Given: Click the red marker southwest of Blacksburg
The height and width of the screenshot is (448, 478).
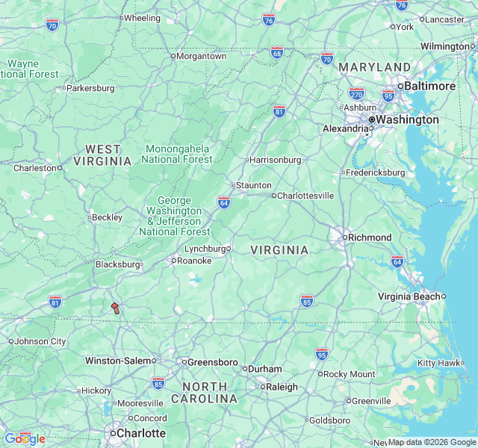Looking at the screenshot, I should click(x=115, y=308).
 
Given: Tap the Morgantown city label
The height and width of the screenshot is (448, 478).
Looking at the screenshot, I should click(x=201, y=56).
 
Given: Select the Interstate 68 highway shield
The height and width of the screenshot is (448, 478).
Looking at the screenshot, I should click(x=277, y=52).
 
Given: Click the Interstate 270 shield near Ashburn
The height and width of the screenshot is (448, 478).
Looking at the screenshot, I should click(x=356, y=93).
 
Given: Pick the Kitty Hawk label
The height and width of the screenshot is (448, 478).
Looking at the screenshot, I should click(x=439, y=363).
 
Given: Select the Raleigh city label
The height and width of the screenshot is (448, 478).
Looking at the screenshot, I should click(x=282, y=387).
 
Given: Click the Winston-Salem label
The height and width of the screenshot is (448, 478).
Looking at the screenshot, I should click(x=118, y=361).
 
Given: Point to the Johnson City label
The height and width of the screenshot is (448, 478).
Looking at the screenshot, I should click(x=40, y=341).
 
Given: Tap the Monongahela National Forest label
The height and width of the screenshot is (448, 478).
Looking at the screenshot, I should click(x=177, y=153).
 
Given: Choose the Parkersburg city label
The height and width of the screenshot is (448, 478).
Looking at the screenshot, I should click(x=90, y=88).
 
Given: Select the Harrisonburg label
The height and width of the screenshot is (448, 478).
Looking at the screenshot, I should click(x=276, y=160).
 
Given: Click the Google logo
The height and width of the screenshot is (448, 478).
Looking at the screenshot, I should click(x=25, y=438).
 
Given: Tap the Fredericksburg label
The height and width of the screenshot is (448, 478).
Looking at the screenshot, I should click(x=376, y=172).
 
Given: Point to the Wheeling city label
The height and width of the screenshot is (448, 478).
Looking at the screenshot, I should click(x=142, y=18).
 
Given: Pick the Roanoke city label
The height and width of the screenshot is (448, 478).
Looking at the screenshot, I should click(x=194, y=261).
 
